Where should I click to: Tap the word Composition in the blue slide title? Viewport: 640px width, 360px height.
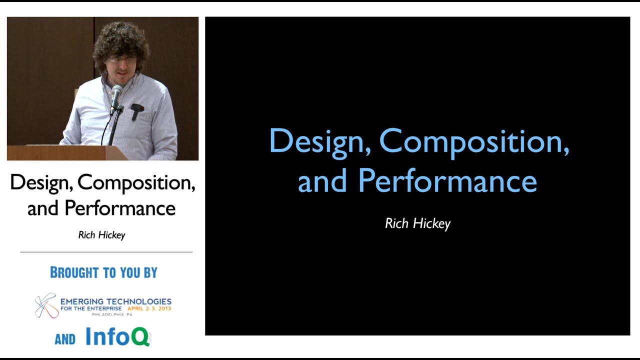(x=474, y=141)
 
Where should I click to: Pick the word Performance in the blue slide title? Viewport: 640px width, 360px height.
(x=447, y=180)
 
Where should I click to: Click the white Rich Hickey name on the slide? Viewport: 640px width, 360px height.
(x=417, y=223)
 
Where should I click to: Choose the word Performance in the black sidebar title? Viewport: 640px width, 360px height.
(x=120, y=208)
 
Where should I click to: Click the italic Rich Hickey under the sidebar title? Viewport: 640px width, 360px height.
(x=101, y=235)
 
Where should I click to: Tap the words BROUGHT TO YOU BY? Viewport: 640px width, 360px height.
(x=103, y=272)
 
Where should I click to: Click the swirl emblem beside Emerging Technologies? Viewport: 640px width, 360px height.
(x=45, y=305)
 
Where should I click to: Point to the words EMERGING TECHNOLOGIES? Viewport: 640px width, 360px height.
(x=115, y=301)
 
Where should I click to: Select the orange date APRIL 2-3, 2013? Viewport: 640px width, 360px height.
(x=149, y=308)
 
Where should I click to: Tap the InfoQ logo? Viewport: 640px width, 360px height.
(x=118, y=337)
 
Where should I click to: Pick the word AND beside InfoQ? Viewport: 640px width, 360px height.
(x=65, y=339)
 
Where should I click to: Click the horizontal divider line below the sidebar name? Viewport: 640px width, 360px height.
(x=106, y=252)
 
